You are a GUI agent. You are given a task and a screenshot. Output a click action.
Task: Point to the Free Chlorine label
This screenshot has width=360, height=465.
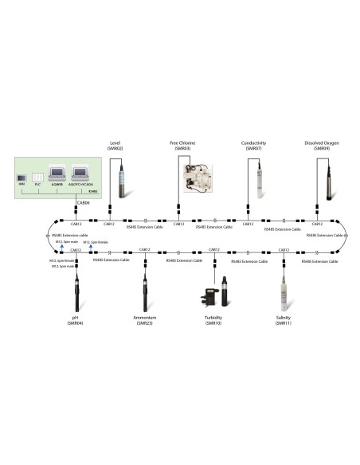pos(182,143)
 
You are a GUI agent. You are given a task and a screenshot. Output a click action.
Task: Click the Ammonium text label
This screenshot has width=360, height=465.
pos(144,318)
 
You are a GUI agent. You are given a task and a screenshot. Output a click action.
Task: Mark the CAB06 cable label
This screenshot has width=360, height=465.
pos(83,203)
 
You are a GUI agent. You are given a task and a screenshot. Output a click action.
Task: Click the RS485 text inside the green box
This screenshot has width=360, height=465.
pos(92,191)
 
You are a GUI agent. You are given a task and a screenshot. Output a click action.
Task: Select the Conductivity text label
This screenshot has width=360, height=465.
pos(253,143)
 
